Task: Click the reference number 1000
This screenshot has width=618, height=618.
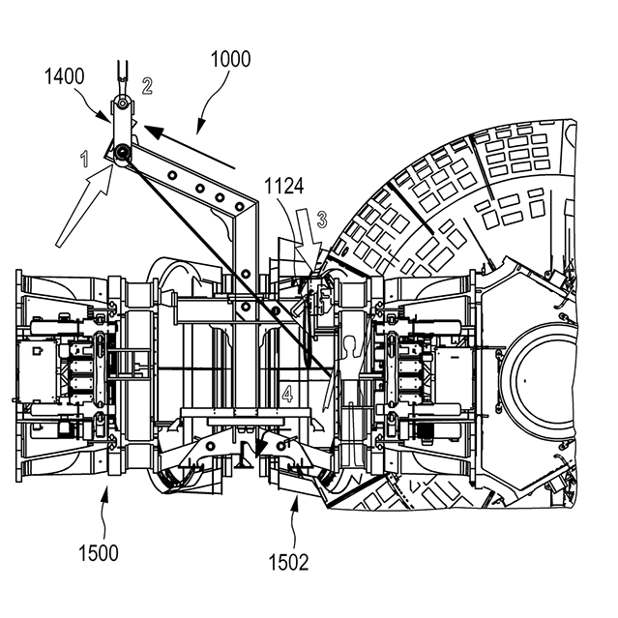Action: pos(229,59)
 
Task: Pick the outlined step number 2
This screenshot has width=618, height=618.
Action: pos(147,86)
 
